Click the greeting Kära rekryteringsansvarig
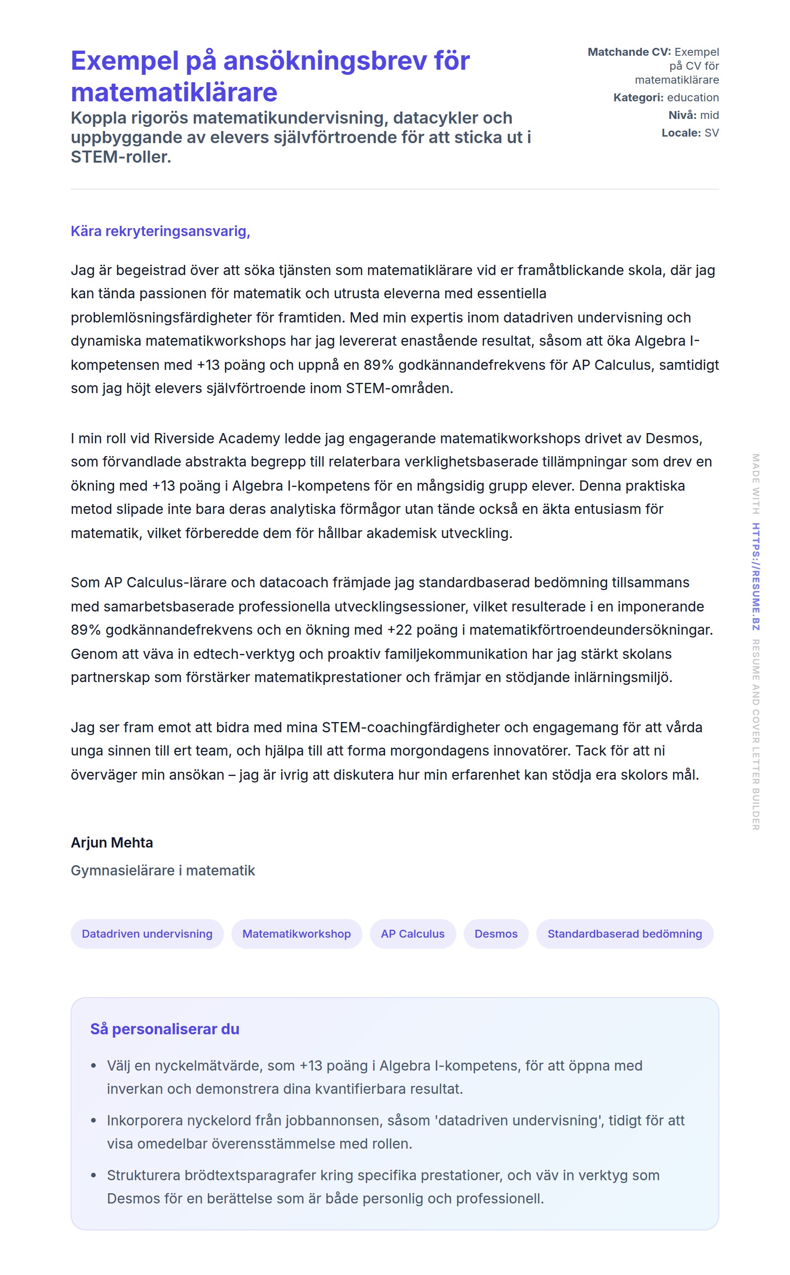pos(160,231)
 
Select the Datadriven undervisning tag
pos(147,934)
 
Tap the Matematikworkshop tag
pos(296,934)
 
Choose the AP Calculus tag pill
pos(412,934)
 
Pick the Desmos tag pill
pos(495,934)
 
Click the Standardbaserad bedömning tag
pos(625,934)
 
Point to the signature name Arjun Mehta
pos(112,842)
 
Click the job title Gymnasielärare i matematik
pos(163,871)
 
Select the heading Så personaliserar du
pos(165,1029)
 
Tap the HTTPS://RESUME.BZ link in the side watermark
pos(756,577)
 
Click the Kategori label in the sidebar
pos(638,98)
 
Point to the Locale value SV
pos(711,133)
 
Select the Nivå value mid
pos(710,115)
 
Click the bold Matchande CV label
pos(629,52)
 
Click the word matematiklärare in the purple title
pos(174,93)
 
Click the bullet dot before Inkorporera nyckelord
pos(93,1121)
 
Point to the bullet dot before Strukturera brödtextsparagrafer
pos(93,1176)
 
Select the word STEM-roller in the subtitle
pos(121,157)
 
